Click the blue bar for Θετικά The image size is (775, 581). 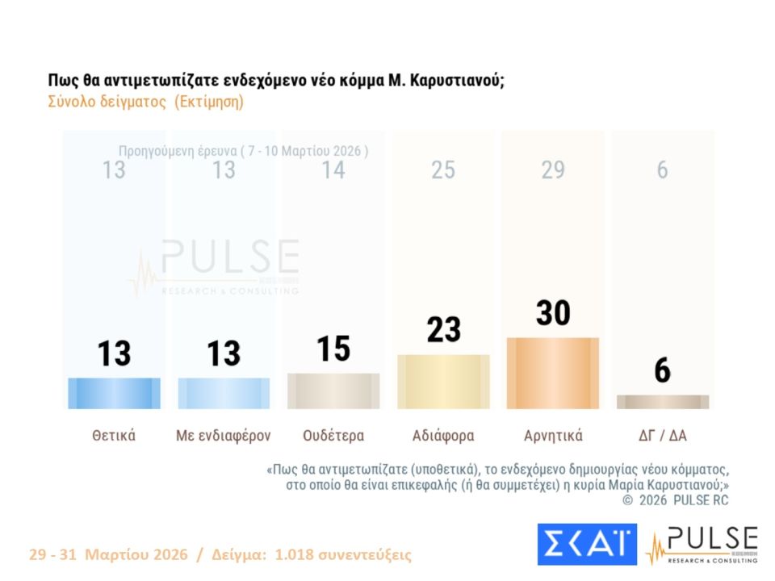(114, 393)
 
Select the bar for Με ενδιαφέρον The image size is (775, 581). (224, 393)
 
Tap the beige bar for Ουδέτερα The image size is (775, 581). (333, 391)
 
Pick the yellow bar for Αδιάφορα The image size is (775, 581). (443, 382)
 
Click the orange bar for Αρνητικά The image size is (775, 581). (553, 373)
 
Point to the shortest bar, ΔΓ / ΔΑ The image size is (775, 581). (663, 402)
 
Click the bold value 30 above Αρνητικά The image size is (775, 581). (553, 313)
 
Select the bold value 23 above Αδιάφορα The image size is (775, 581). (443, 330)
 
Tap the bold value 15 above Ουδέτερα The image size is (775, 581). (333, 349)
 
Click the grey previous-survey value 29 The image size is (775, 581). (553, 170)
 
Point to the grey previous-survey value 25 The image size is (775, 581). (443, 170)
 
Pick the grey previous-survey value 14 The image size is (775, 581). (333, 170)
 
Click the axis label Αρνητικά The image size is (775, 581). (553, 436)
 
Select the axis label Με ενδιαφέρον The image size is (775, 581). (224, 436)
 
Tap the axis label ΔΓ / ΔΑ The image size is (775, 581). (663, 436)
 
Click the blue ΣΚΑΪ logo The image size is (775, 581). (587, 545)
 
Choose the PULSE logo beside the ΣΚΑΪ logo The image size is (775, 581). (702, 545)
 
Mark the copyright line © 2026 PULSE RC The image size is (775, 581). (675, 500)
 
